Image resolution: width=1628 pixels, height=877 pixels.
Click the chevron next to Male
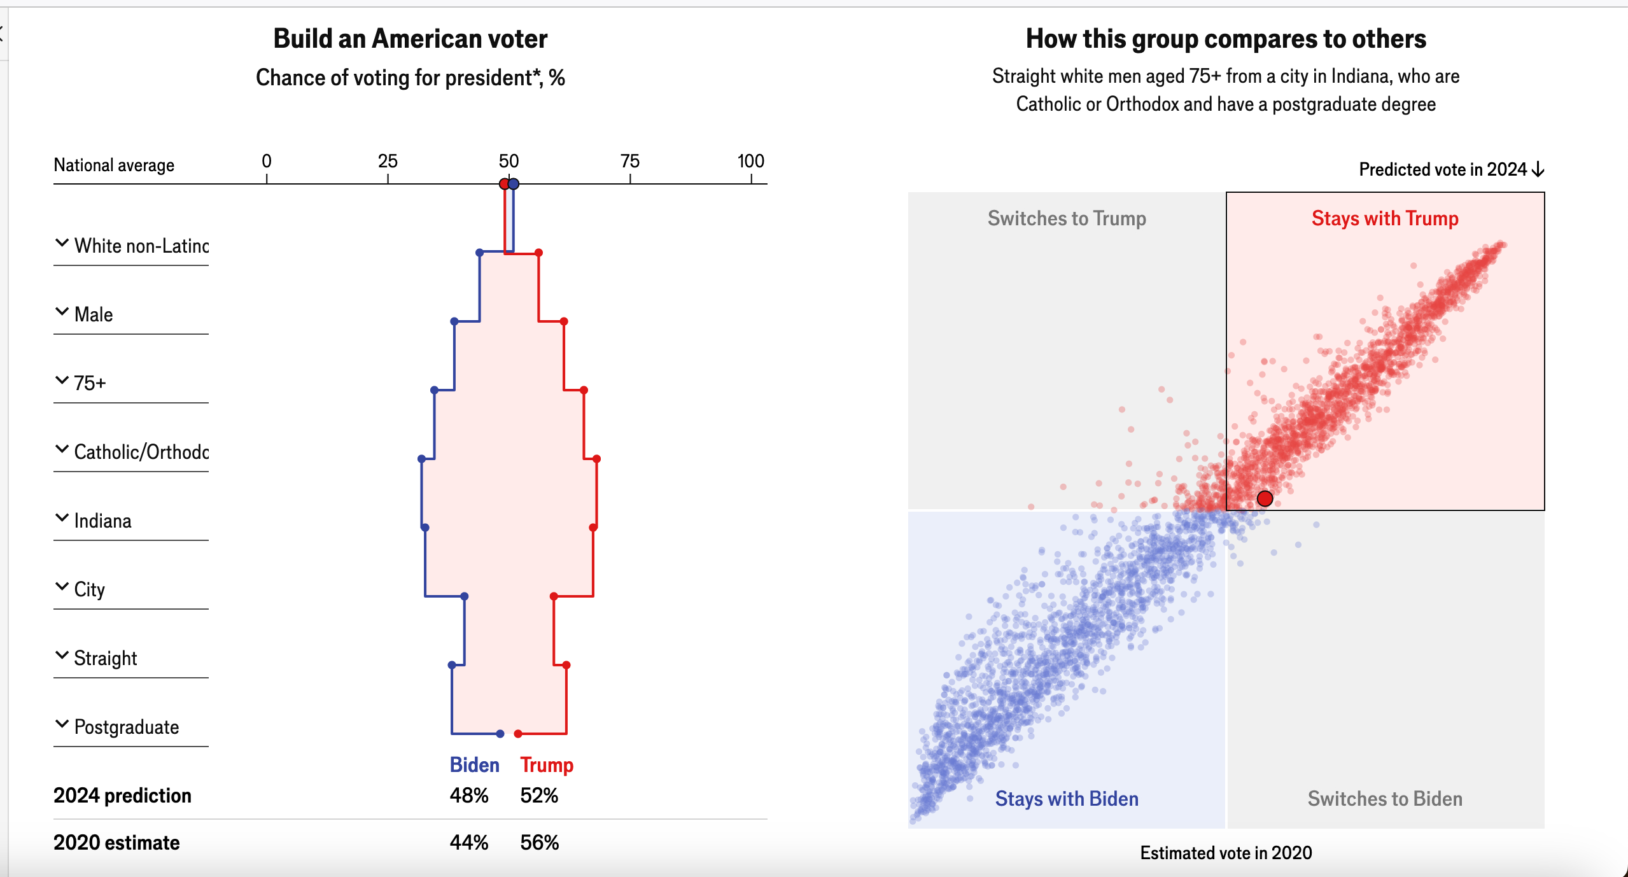click(62, 312)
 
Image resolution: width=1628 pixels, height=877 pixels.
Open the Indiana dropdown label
click(102, 521)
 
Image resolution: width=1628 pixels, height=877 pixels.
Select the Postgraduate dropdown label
click(126, 727)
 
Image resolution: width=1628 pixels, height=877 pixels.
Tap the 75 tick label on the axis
click(629, 161)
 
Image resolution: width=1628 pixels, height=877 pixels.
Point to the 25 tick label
click(388, 161)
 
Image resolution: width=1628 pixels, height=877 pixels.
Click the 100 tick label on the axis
click(750, 161)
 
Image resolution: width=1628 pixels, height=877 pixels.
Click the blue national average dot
click(514, 184)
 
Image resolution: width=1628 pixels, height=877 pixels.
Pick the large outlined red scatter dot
click(1265, 498)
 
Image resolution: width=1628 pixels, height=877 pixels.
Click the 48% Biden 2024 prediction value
click(469, 796)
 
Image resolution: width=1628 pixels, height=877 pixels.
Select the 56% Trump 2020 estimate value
click(539, 843)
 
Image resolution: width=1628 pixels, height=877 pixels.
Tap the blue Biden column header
click(474, 765)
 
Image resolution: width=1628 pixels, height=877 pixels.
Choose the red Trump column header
click(547, 765)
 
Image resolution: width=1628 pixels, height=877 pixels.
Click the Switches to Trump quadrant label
click(1067, 218)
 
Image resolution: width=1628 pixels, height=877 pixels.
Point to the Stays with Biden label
click(1067, 799)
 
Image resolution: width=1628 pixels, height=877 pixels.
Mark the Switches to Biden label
click(1385, 799)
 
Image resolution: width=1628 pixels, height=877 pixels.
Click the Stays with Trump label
click(1385, 218)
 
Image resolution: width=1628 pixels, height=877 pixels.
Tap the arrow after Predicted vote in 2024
click(1538, 169)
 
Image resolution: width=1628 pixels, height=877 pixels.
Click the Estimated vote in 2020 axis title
click(1226, 853)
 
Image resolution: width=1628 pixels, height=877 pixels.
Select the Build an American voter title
click(411, 39)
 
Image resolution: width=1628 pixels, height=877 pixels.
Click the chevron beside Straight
click(62, 656)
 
